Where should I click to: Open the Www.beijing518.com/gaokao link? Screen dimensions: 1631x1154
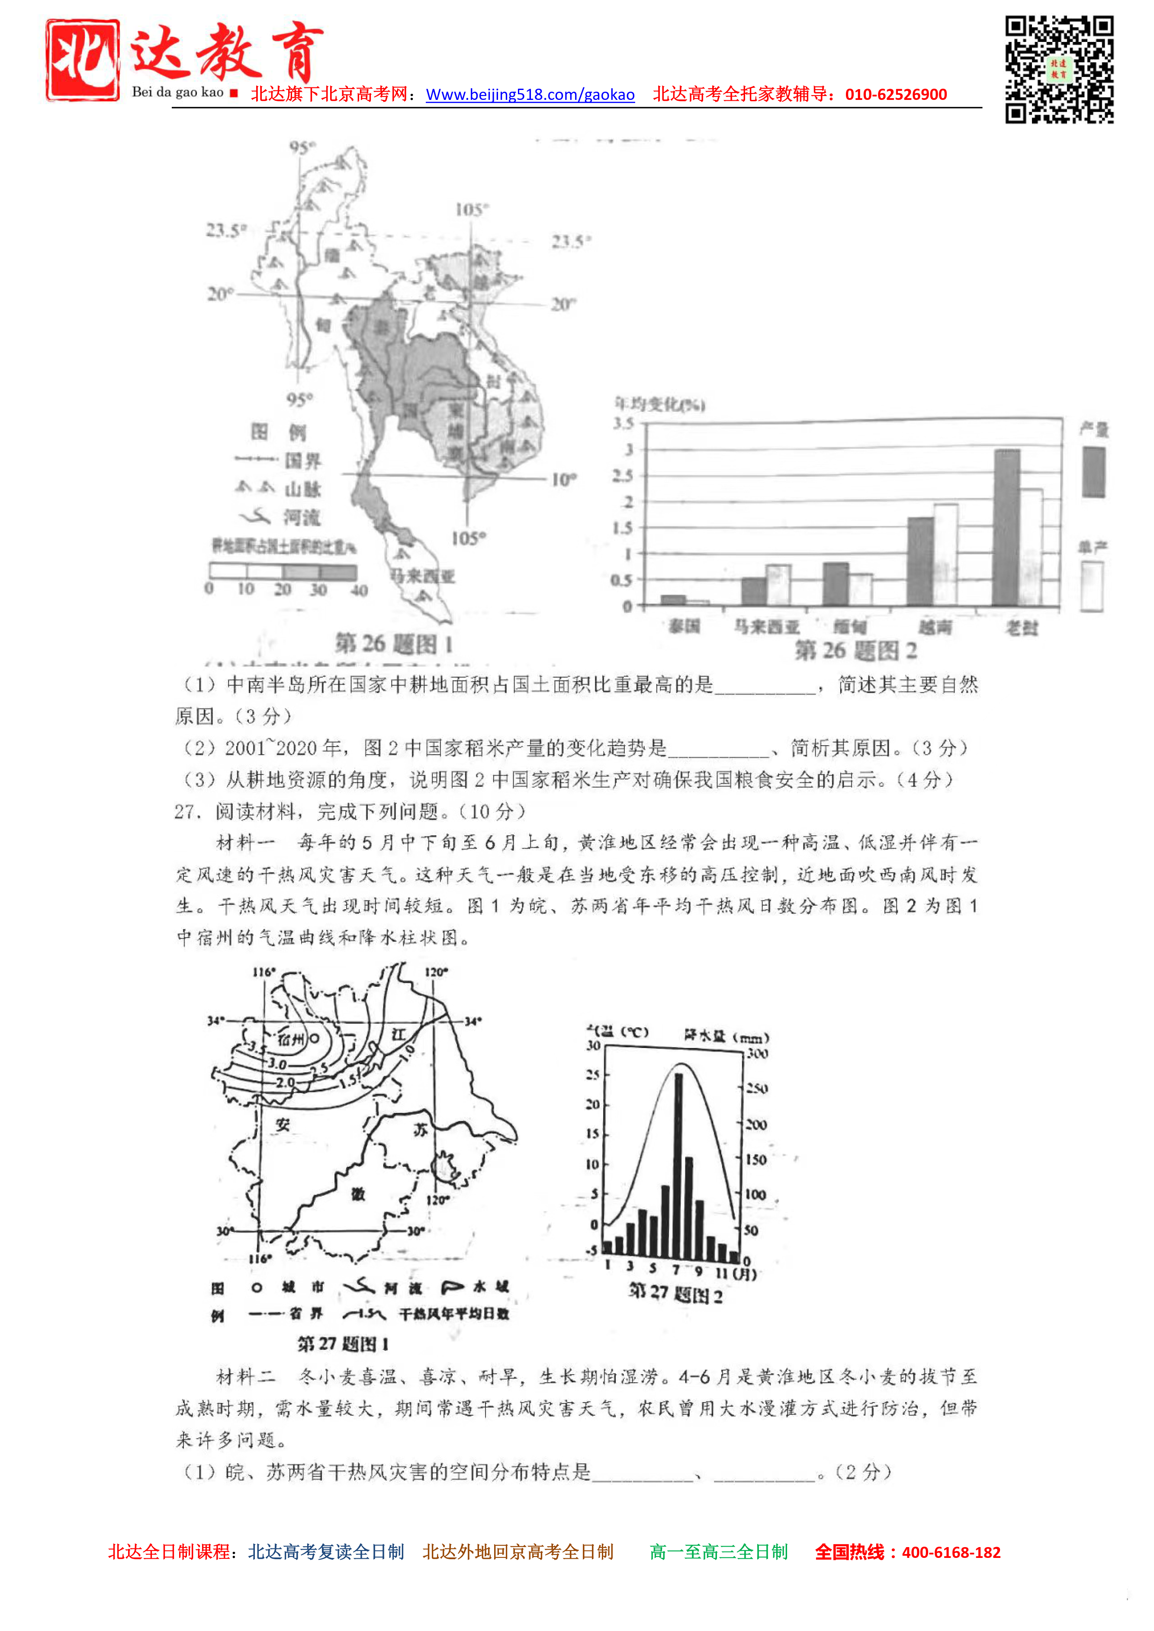point(530,94)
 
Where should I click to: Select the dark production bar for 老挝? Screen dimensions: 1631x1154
point(1006,527)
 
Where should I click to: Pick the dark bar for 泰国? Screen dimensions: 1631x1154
point(673,600)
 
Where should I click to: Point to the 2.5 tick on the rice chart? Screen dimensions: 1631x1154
point(623,475)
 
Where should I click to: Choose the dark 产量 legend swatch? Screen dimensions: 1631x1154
point(1093,472)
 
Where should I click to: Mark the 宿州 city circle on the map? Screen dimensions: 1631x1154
point(314,1038)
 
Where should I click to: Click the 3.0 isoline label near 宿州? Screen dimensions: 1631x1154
point(277,1064)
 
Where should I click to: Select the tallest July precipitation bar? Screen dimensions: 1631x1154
point(678,1166)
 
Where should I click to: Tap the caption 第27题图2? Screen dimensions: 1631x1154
point(675,1294)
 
